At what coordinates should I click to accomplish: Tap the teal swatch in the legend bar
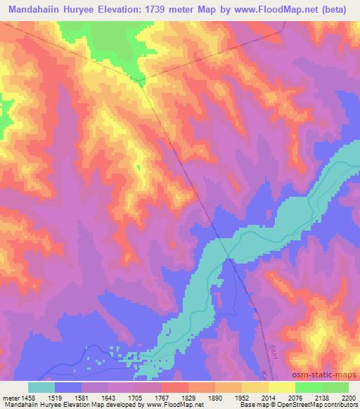point(41,387)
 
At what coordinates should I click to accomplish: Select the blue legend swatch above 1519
point(68,387)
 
